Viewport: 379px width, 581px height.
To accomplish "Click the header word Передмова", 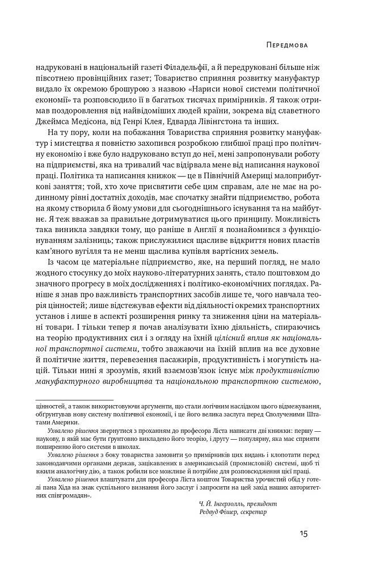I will click(290, 44).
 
